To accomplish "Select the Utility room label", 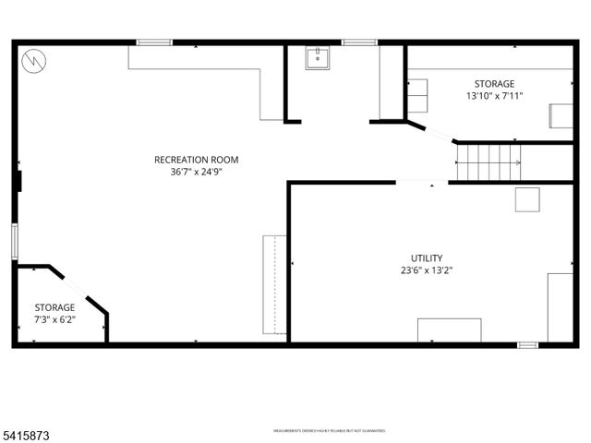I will (x=427, y=258).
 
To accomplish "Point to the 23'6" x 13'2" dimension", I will (x=427, y=270).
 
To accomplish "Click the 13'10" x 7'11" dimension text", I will (x=495, y=95).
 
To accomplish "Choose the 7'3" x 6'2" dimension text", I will (x=55, y=319).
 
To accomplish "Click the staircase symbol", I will (x=488, y=162).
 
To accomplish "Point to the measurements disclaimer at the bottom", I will (x=329, y=430).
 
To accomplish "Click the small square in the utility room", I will (x=527, y=199).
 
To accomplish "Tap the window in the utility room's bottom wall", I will (x=527, y=345).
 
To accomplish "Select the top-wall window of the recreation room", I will (x=154, y=42).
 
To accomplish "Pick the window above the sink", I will (x=358, y=42).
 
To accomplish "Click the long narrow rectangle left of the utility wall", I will (x=274, y=284).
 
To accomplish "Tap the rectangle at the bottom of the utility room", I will (x=449, y=330).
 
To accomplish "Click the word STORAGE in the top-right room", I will (x=495, y=83).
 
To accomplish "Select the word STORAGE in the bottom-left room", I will (x=55, y=307).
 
